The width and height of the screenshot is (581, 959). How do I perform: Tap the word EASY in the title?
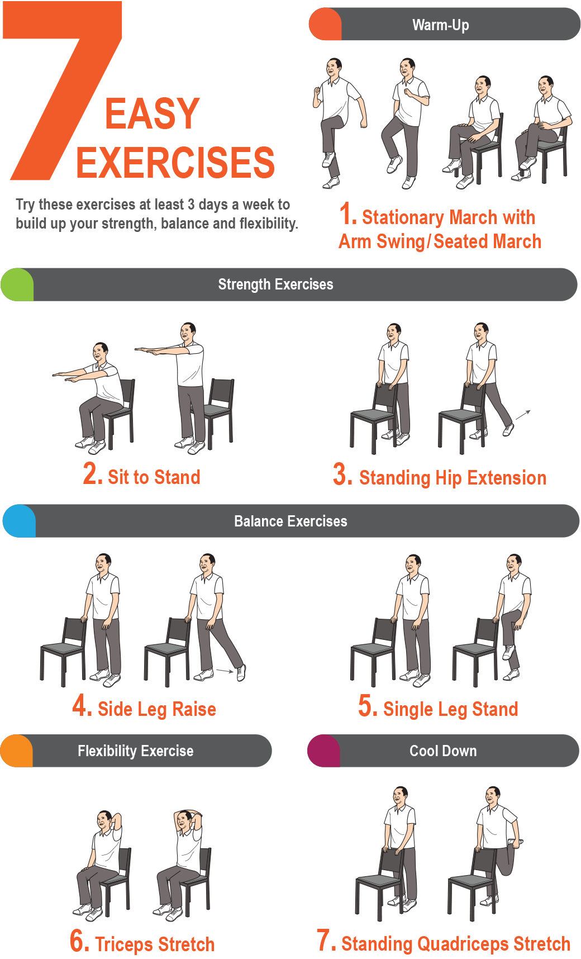click(x=152, y=114)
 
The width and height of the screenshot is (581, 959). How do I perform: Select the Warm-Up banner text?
click(x=441, y=25)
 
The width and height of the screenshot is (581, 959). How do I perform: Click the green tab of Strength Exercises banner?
click(x=17, y=284)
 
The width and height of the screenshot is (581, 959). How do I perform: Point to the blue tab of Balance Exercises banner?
click(x=20, y=521)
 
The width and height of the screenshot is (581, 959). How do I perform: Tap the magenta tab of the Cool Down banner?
click(x=324, y=751)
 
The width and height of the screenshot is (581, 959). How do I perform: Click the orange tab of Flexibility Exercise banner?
click(x=17, y=751)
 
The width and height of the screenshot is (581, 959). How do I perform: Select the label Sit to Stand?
click(x=154, y=477)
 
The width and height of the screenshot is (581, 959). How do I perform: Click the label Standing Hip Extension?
click(x=453, y=478)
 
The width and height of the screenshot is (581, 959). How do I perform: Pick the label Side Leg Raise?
click(x=157, y=709)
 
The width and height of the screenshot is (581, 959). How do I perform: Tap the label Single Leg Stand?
click(x=451, y=709)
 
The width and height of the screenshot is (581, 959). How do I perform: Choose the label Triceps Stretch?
click(x=155, y=944)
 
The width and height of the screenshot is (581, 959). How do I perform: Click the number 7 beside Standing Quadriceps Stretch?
click(x=326, y=940)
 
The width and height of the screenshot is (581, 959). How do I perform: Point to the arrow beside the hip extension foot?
click(x=523, y=414)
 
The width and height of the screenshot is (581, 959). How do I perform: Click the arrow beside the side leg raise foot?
click(x=225, y=671)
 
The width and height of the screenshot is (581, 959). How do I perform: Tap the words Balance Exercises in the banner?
click(x=290, y=521)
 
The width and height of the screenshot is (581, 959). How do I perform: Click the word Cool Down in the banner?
click(x=443, y=751)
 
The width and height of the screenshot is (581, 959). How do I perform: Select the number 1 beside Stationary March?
click(x=347, y=214)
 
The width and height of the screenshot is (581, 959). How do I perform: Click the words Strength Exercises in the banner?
click(x=275, y=284)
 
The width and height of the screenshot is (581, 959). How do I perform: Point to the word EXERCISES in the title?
click(x=175, y=163)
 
